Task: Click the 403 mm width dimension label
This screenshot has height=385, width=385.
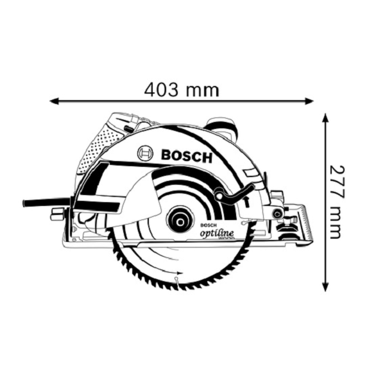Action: click(x=181, y=90)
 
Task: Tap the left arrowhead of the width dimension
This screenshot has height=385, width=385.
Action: click(x=55, y=101)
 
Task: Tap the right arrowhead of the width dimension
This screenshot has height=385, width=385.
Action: click(x=309, y=101)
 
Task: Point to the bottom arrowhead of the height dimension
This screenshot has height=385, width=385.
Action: click(x=325, y=287)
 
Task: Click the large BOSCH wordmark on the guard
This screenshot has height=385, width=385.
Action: click(x=186, y=156)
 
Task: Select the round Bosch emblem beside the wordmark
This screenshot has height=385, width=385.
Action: click(x=146, y=153)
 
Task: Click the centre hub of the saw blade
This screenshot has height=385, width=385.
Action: click(x=180, y=222)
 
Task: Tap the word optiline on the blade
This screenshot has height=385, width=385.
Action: click(x=217, y=233)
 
